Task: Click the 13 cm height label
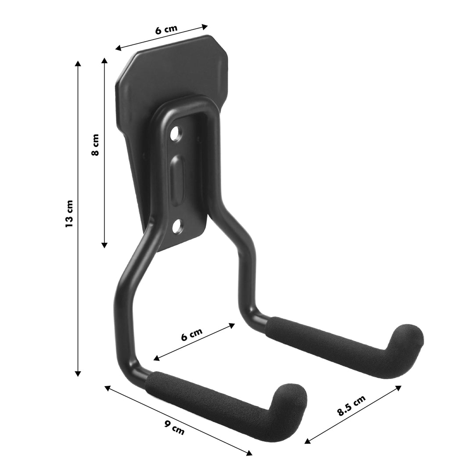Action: click(69, 214)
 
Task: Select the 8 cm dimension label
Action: click(95, 145)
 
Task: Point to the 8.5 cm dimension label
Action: click(351, 406)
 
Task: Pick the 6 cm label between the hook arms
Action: click(192, 335)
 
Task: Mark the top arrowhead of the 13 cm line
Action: click(78, 62)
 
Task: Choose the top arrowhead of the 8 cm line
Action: click(104, 60)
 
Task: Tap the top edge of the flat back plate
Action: click(176, 44)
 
